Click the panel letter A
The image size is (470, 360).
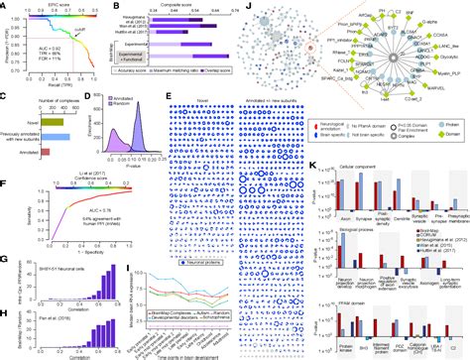point(5,5)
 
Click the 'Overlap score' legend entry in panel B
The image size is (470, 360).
point(221,85)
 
